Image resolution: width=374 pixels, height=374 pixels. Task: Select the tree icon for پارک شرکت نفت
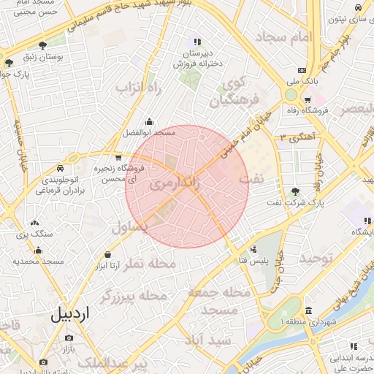[x=295, y=191]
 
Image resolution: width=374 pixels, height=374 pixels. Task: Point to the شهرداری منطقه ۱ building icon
[x=308, y=310]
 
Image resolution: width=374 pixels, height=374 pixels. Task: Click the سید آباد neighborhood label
[x=209, y=340]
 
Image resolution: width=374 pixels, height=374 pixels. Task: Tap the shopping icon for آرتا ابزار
[x=108, y=254]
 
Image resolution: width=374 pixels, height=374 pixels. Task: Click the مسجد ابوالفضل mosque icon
[x=150, y=122]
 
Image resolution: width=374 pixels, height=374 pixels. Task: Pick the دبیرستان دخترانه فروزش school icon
[x=195, y=42]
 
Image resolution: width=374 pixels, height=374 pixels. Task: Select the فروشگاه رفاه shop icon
[x=308, y=99]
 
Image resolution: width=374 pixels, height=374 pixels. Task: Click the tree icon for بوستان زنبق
[x=45, y=45]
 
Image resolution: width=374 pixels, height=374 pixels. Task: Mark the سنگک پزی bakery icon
[x=34, y=223]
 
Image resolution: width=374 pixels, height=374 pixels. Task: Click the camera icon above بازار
[x=69, y=338]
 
